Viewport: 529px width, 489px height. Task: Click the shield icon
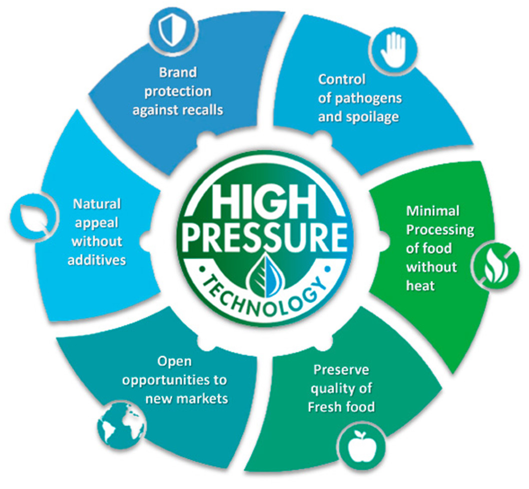tap(172, 30)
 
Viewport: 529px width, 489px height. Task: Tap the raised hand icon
tap(393, 50)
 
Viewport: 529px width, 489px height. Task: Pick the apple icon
tap(362, 447)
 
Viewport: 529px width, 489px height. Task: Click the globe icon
tap(121, 426)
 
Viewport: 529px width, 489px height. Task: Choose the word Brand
tap(178, 72)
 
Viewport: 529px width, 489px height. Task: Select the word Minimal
tap(433, 211)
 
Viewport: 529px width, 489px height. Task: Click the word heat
tap(421, 286)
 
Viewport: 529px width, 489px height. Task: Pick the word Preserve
tap(341, 370)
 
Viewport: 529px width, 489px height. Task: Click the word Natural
tap(97, 204)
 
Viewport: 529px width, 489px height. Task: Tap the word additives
tap(97, 260)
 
